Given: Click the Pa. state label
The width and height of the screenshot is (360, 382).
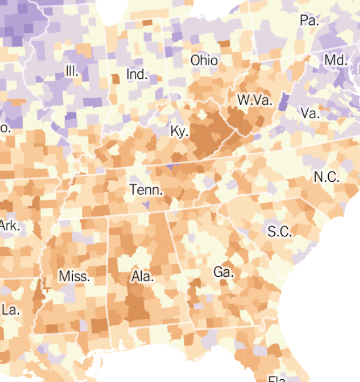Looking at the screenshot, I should point(309,21).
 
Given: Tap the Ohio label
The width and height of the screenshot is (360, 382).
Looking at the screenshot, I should point(204,60).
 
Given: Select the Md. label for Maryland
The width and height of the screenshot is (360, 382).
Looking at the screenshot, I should point(335,60).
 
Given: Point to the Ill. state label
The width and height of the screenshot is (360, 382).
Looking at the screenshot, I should point(72,71).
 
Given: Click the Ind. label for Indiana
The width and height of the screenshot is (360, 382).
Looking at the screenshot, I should point(137,74).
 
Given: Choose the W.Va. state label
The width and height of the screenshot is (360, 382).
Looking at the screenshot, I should point(255,100).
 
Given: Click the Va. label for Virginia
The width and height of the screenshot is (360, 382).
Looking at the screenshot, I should point(310,113).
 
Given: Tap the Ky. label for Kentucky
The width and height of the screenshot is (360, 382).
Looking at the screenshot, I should point(179,131).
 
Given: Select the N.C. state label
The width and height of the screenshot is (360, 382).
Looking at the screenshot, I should point(327,177).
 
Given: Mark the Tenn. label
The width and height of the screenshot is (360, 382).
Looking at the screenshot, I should point(146,190).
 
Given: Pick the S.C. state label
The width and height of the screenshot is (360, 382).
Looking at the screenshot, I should point(280,231).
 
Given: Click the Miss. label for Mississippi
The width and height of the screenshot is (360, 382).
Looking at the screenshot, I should point(74,276).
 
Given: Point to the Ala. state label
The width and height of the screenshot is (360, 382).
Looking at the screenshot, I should point(143,277).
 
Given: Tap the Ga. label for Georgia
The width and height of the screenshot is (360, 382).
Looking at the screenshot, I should point(223,272).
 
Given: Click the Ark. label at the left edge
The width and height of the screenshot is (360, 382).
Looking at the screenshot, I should point(9,226).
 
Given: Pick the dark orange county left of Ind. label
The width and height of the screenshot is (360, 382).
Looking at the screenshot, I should point(115,78).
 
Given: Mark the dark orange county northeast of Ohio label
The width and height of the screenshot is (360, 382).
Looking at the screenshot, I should point(224,43).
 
